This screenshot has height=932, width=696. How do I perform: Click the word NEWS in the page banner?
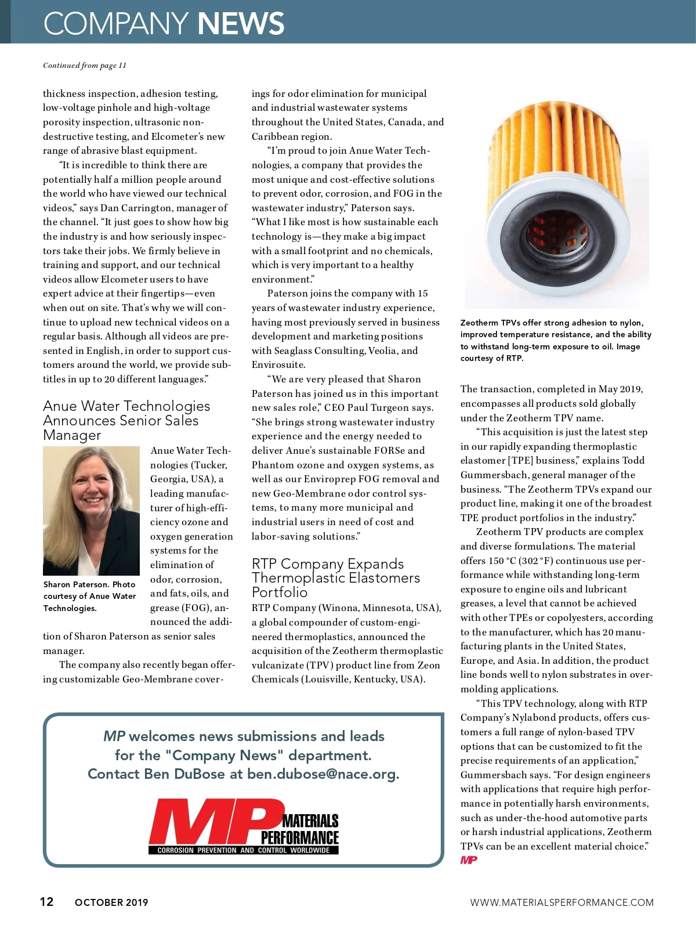(241, 24)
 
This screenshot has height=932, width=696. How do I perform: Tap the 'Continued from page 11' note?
(84, 66)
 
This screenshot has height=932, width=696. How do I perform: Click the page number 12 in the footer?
(46, 901)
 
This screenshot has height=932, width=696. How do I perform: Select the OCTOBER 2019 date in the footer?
(111, 902)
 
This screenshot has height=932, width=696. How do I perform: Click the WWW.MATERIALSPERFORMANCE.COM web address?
(561, 902)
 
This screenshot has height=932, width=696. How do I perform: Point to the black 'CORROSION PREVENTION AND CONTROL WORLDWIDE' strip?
(244, 850)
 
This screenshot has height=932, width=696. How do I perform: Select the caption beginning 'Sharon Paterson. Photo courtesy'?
(90, 596)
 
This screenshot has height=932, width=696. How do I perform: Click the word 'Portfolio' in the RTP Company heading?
(280, 593)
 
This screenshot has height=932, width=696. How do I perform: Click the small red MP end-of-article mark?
(469, 860)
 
